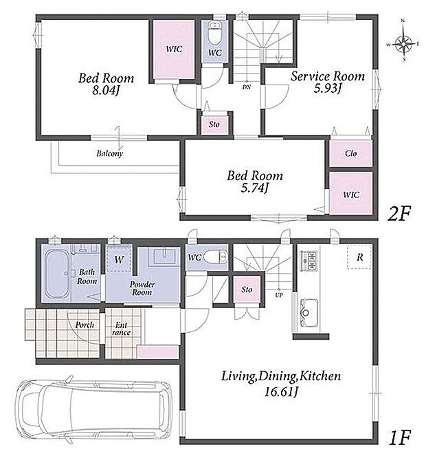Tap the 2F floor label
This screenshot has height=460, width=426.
coord(399,213)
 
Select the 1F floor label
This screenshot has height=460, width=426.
coord(399,438)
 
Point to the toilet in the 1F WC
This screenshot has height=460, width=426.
coord(216,257)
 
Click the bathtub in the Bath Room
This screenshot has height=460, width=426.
coord(56,274)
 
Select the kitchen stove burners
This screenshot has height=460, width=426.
coord(309,261)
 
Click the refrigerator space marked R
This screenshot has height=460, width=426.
coord(360,257)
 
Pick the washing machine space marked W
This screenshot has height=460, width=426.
coord(119,259)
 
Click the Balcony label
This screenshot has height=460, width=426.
coord(110,153)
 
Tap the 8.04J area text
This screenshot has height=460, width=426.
coord(106,90)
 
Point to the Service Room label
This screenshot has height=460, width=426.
coord(328,76)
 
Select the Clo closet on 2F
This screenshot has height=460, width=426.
coord(350,153)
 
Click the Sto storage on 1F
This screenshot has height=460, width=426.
coord(247,289)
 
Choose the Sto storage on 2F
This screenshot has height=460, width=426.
coord(214,124)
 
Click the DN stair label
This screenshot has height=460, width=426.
coord(247,87)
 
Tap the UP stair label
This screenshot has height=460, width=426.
coord(279,295)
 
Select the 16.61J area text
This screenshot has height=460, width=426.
coord(281,391)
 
